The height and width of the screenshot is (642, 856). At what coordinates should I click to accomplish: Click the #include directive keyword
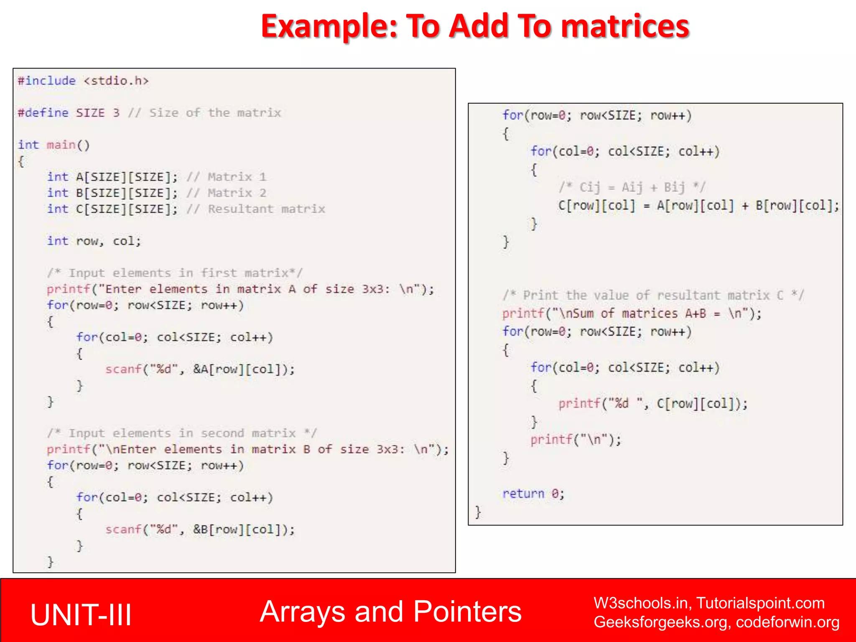tap(47, 81)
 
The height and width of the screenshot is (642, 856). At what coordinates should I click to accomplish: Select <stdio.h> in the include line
tap(116, 81)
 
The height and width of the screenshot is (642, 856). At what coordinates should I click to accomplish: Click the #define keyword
tap(43, 113)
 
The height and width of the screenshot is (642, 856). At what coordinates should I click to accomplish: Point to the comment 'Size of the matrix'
tap(215, 113)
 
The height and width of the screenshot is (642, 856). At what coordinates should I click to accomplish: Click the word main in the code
tap(61, 145)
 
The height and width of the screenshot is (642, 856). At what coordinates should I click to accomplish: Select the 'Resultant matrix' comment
tap(266, 209)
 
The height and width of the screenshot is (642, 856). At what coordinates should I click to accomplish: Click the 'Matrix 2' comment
tap(237, 193)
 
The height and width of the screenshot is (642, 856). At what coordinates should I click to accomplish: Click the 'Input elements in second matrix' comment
tap(182, 433)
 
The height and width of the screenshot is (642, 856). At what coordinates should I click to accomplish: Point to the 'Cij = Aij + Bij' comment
tap(632, 187)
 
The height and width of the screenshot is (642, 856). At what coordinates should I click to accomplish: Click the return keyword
tap(523, 494)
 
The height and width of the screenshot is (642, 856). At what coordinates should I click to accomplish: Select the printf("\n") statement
tap(576, 440)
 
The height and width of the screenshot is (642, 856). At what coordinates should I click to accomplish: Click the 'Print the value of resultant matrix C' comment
tap(653, 296)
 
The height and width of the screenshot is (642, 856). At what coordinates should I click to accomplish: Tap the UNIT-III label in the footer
tap(81, 615)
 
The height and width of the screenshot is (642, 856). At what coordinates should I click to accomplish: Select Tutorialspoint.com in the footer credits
tap(760, 603)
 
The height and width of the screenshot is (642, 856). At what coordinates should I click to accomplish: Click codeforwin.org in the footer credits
tap(787, 622)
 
